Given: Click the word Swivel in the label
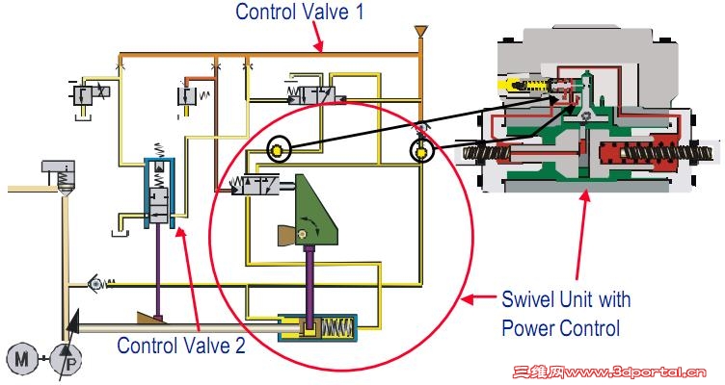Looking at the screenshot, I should (527, 298).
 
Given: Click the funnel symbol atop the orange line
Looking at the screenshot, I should (419, 34).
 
